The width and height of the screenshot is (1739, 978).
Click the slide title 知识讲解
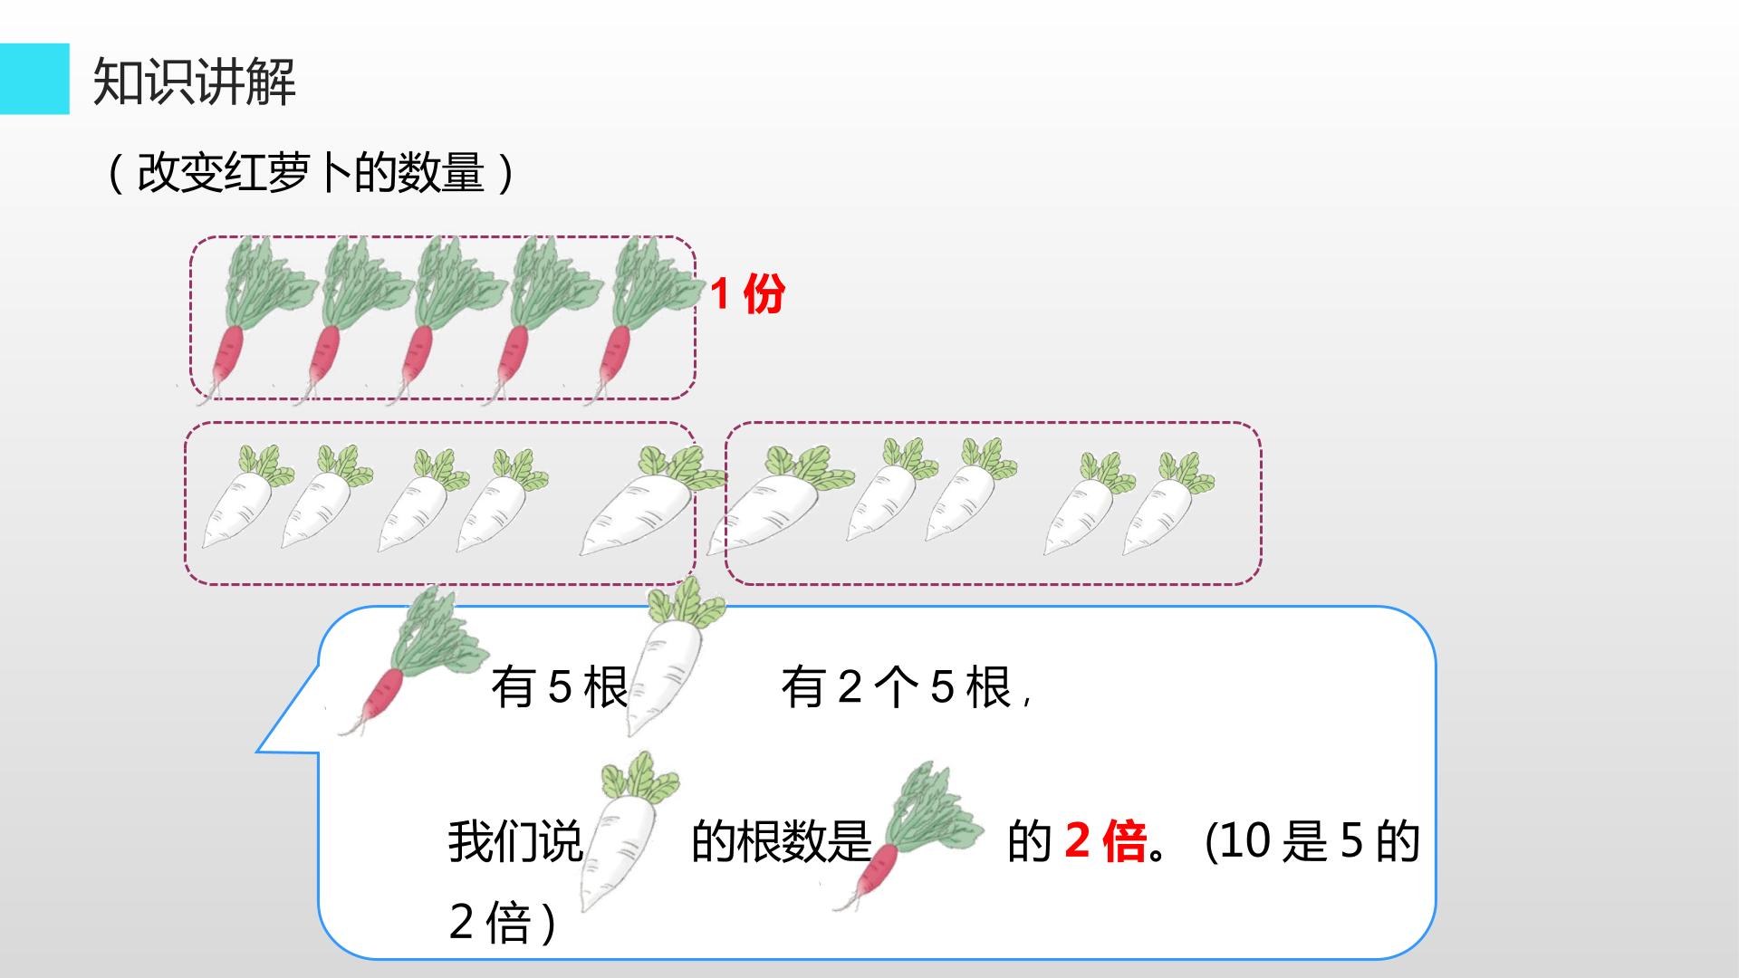pos(195,81)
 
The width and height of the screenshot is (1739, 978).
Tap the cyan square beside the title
pos(34,79)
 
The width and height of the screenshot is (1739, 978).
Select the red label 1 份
pos(747,293)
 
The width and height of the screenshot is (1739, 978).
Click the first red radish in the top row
pos(249,317)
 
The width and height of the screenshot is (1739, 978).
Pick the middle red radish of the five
pos(444,317)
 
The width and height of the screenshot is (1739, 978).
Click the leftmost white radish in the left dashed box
pos(245,498)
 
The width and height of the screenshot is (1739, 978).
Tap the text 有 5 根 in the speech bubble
pos(560,688)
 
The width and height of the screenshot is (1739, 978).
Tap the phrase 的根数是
pos(781,841)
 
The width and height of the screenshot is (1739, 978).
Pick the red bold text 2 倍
pos(1106,841)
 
